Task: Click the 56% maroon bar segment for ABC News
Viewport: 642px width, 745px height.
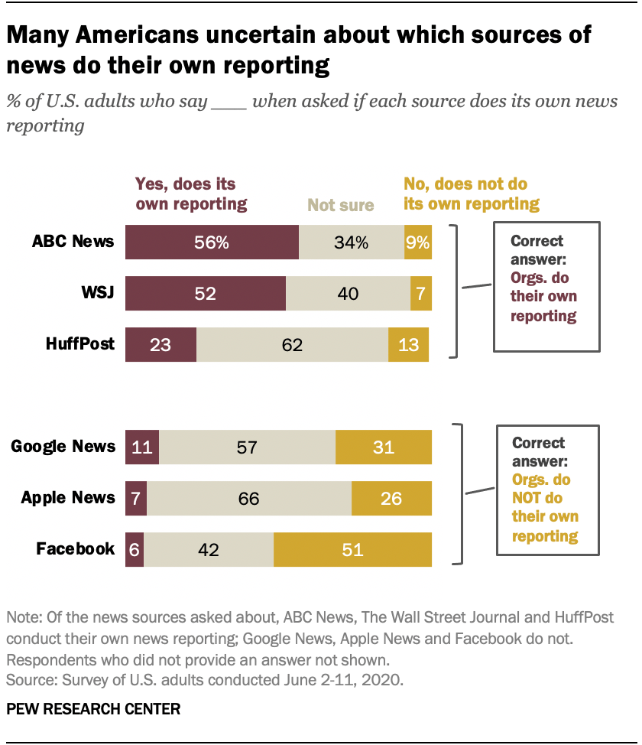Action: (212, 242)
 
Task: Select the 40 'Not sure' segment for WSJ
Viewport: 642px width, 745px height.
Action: (348, 294)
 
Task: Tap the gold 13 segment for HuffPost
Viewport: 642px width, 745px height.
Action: (408, 344)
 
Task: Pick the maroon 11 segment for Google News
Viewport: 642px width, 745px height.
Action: (142, 447)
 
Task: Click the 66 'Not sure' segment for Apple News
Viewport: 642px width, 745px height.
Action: (248, 498)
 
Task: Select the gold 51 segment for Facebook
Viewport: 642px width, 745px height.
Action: (352, 549)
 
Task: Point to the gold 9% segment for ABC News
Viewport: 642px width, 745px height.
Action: (418, 242)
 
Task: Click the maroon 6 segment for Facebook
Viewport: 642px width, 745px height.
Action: (135, 549)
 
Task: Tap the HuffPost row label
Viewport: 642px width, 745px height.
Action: (79, 344)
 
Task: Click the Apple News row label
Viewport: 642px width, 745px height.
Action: (69, 498)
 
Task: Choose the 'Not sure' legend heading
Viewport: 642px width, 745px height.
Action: (340, 205)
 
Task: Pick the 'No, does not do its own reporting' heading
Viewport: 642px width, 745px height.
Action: (471, 194)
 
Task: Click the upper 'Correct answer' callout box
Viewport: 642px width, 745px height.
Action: (546, 287)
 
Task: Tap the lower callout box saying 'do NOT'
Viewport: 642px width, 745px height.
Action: (546, 490)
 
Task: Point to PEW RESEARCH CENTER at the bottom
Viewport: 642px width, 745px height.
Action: (93, 709)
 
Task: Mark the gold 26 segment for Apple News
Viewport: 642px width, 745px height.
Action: (391, 498)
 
